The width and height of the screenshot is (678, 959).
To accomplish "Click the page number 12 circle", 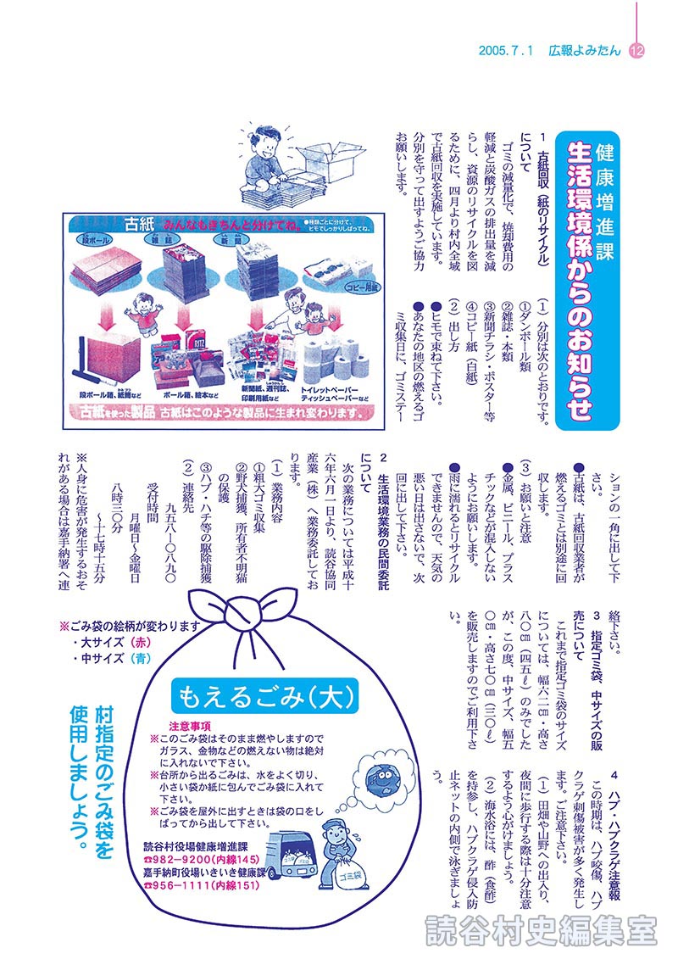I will click(637, 51).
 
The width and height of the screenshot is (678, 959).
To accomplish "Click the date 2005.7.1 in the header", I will click(504, 51).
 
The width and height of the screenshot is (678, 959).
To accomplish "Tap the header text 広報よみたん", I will click(584, 51).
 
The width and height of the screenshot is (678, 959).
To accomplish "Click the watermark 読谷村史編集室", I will click(541, 929).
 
